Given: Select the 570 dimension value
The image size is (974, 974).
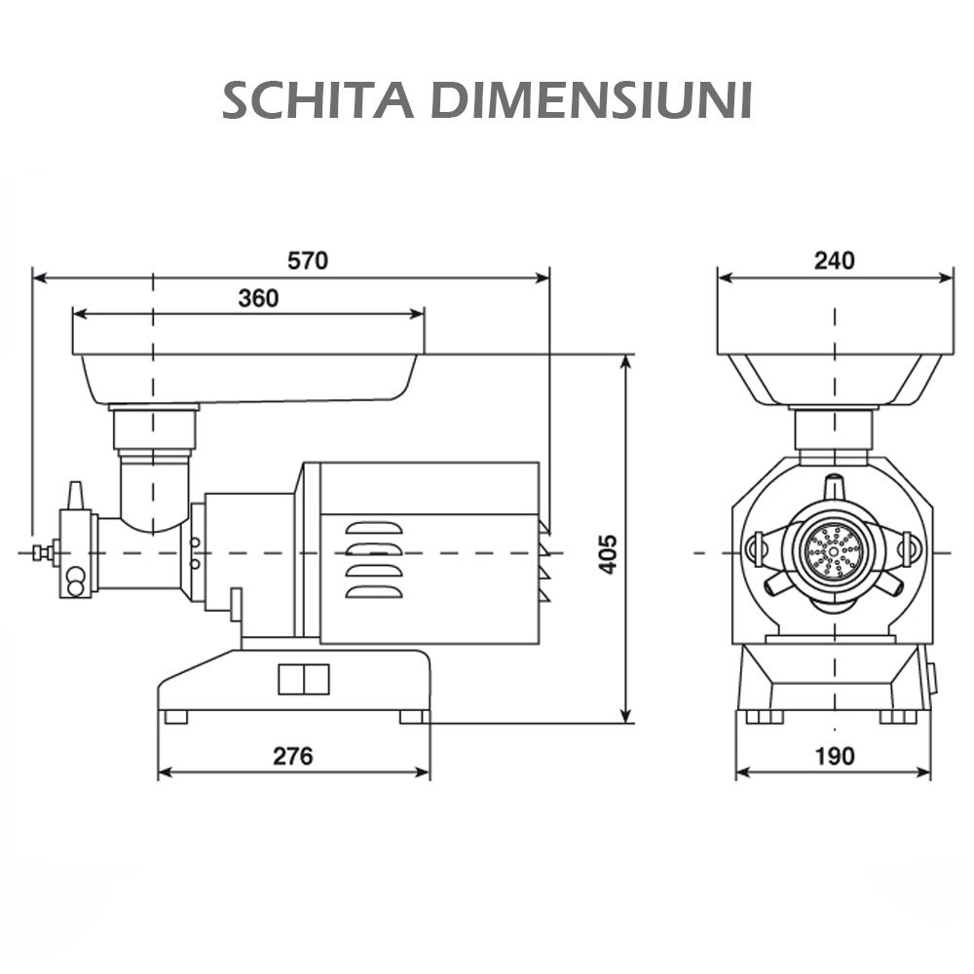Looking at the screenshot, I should coord(308,261).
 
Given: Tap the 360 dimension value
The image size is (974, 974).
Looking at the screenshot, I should coord(258,298).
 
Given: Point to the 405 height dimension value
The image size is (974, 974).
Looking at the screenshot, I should coord(608,553).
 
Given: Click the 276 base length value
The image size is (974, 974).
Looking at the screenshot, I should coord(293,756).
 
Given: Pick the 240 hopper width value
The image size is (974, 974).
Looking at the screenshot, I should coord(835,260).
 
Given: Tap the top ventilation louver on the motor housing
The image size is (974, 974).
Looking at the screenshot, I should coord(373,528).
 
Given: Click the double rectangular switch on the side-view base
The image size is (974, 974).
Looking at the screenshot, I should coord(304,679).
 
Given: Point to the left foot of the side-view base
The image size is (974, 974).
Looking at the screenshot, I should coord(176,717).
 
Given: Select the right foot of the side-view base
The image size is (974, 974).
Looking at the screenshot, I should coord(413,717).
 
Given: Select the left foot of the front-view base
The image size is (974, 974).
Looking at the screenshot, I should coord(764,717).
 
